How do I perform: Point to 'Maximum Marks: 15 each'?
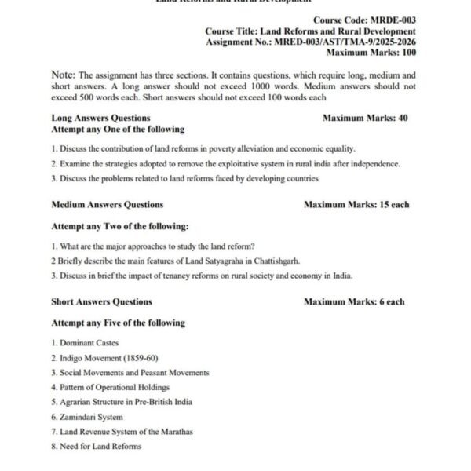coord(356,205)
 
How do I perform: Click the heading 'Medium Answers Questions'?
coord(108,205)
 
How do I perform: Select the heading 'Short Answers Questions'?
coord(102,301)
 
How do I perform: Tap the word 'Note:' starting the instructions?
coord(63,75)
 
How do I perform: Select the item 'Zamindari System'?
coord(90,417)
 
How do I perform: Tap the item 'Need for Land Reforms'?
coord(100,446)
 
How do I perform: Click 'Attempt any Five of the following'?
coord(119,323)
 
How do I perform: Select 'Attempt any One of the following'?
coord(118,129)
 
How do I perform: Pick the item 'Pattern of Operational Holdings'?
coord(114,387)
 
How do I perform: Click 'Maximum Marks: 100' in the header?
coord(371,53)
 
